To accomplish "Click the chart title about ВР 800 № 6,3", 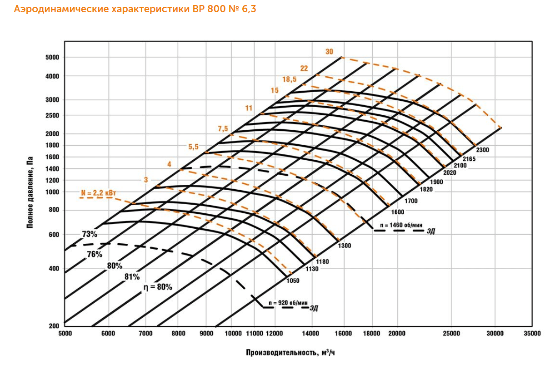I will [135, 9].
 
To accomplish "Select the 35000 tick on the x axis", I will [532, 334].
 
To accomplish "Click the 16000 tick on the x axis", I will [343, 334].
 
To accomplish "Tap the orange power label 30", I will [330, 51].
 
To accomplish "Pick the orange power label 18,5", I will [289, 79].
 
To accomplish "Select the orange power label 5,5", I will [194, 147].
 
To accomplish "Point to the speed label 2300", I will [482, 150].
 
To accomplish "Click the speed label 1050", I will [293, 281].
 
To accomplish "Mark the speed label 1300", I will [344, 246].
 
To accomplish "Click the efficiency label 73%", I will [90, 235].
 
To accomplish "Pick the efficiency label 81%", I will [132, 276].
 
